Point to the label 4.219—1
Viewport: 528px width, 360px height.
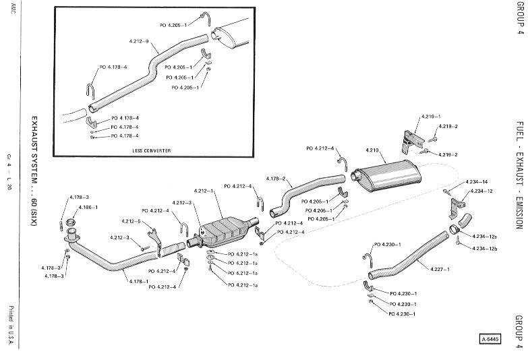(x=426, y=117)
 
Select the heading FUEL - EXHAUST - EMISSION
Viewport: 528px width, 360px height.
(x=519, y=175)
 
